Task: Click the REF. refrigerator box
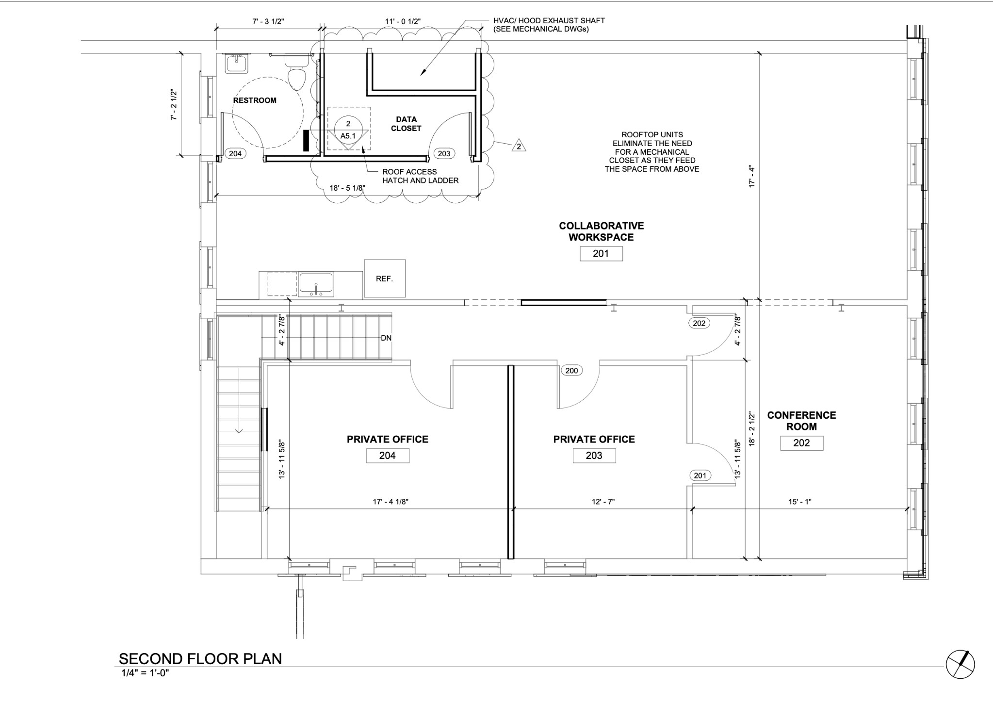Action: pyautogui.click(x=385, y=278)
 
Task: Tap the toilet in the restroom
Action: pyautogui.click(x=296, y=73)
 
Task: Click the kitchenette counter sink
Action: pyautogui.click(x=316, y=284)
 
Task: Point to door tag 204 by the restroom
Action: pyautogui.click(x=235, y=154)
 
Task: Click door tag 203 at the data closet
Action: pyautogui.click(x=444, y=154)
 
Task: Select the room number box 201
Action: pyautogui.click(x=601, y=254)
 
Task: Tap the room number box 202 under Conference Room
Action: pyautogui.click(x=801, y=443)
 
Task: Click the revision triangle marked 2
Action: pyautogui.click(x=519, y=146)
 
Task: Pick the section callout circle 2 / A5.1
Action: pyautogui.click(x=348, y=130)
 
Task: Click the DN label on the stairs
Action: pyautogui.click(x=386, y=338)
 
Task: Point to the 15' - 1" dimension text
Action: pyautogui.click(x=799, y=502)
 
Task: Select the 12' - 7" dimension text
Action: pyautogui.click(x=603, y=502)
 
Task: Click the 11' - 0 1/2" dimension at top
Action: pyautogui.click(x=403, y=21)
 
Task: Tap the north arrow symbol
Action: pyautogui.click(x=960, y=664)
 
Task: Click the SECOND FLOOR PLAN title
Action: pyautogui.click(x=200, y=659)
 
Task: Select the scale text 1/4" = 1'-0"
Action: pyautogui.click(x=145, y=673)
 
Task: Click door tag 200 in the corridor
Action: pyautogui.click(x=572, y=371)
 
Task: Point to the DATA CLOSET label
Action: pyautogui.click(x=406, y=124)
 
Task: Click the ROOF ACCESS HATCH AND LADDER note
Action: pyautogui.click(x=420, y=176)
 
